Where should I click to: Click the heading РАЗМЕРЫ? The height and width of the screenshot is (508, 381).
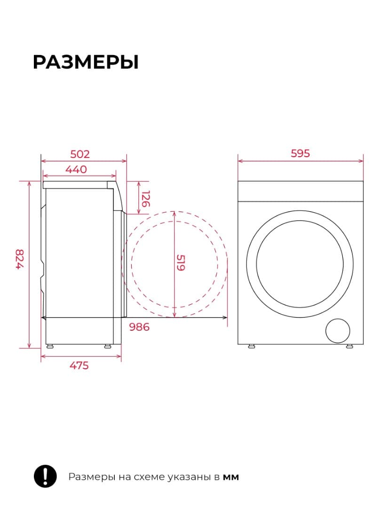point(86,62)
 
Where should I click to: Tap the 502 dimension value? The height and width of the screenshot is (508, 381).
point(79,154)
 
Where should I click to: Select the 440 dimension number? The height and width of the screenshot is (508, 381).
point(76,169)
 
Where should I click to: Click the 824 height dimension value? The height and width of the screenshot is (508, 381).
point(20,259)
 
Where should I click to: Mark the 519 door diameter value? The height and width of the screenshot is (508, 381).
point(181,263)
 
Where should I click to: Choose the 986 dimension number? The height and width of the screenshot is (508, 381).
point(139,327)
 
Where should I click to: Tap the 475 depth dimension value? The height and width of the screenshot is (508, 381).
point(79,365)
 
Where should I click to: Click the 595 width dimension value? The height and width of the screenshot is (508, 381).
point(300,153)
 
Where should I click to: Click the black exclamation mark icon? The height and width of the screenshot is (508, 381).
point(45,476)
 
